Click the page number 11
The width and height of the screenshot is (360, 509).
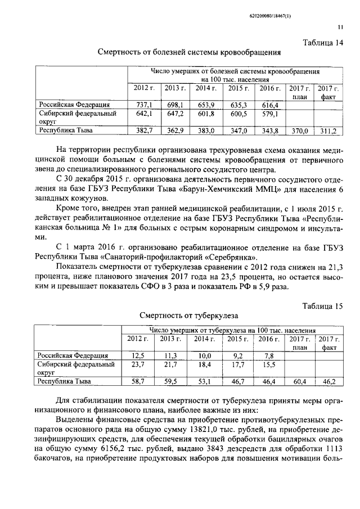[x=340, y=27]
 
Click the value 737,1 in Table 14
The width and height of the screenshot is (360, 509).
[x=145, y=105]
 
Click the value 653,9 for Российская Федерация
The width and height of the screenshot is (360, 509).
[x=205, y=105]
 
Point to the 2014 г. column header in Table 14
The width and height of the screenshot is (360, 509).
[x=205, y=88]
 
